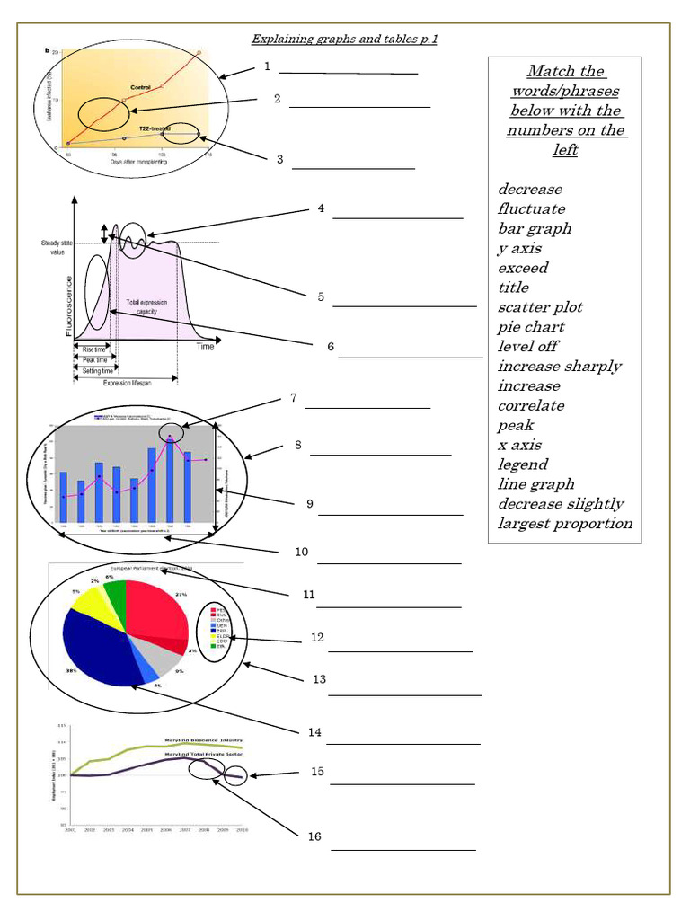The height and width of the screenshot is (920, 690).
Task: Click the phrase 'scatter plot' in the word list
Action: [x=540, y=307]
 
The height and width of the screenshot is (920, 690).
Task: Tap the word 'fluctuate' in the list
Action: [x=531, y=209]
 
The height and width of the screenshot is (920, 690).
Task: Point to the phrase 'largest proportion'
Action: [x=565, y=524]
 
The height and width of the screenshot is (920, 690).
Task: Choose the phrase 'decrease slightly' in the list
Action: [x=561, y=504]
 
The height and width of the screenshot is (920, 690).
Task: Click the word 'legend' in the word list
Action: [x=523, y=464]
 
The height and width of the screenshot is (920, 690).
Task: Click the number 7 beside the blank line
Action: [x=293, y=398]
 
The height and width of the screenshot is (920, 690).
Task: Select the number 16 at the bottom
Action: [x=314, y=836]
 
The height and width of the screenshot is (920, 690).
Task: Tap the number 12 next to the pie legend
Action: [x=316, y=637]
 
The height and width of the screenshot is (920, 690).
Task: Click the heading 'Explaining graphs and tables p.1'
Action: [x=344, y=39]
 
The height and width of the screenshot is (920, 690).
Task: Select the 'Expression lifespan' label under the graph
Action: [x=125, y=383]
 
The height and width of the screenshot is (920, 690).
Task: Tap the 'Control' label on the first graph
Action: [x=140, y=86]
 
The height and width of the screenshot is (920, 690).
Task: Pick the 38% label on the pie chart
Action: [x=71, y=671]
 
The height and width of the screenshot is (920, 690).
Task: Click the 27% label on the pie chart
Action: [x=181, y=595]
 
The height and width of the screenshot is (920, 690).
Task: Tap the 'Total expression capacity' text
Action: [x=146, y=306]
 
